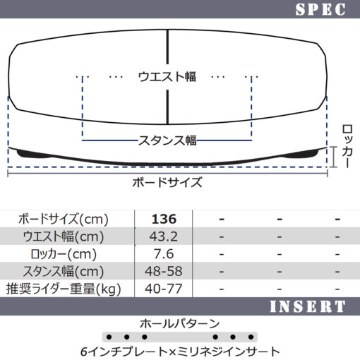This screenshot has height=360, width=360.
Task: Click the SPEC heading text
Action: click(320, 9)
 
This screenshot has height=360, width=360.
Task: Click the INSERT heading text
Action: click(308, 306)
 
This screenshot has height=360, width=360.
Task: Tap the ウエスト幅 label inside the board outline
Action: click(167, 77)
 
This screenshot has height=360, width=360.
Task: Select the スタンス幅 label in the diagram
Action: click(167, 140)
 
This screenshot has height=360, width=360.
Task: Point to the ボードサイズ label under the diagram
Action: click(167, 182)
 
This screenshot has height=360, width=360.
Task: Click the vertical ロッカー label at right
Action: click(347, 146)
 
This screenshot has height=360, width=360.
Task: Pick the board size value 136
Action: click(164, 219)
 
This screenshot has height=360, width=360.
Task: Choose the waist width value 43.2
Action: click(164, 236)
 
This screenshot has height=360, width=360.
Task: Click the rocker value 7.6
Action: click(164, 254)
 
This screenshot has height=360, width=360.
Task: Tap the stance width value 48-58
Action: click(164, 271)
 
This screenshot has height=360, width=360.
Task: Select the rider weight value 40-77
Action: click(164, 289)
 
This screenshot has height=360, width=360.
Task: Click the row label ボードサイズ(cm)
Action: click(64, 220)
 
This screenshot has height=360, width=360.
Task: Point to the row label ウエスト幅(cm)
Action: click(64, 236)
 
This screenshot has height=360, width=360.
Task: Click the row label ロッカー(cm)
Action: click(64, 254)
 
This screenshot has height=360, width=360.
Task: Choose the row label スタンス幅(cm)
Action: click(64, 272)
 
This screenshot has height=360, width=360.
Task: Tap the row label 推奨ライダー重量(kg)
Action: click(64, 289)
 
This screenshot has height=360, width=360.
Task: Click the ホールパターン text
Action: click(180, 324)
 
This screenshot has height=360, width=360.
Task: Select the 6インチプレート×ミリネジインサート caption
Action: click(180, 352)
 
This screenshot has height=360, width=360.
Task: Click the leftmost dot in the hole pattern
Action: click(109, 337)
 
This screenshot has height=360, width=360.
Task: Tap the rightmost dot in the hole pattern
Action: click(251, 337)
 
